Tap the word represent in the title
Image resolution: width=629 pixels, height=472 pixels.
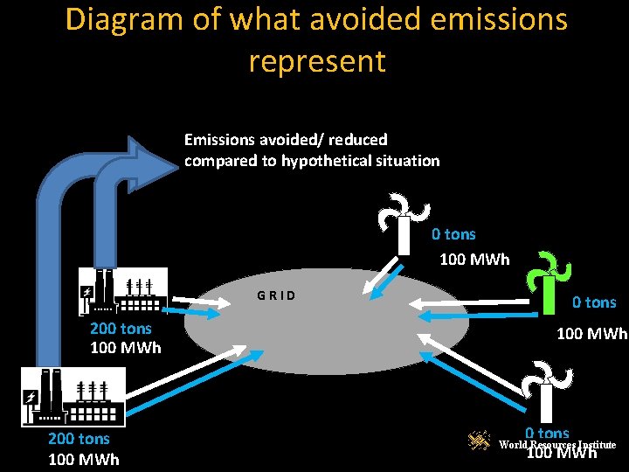pyautogui.click(x=316, y=61)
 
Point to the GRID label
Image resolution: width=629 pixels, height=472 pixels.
pyautogui.click(x=276, y=295)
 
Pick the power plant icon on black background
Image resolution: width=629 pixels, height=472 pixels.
pyautogui.click(x=122, y=290)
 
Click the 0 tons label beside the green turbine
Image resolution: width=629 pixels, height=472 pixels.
pyautogui.click(x=594, y=302)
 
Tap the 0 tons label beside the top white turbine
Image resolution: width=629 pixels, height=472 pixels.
pyautogui.click(x=453, y=234)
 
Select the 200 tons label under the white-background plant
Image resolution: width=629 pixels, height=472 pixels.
pyautogui.click(x=79, y=439)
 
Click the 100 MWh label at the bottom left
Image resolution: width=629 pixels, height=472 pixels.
pyautogui.click(x=84, y=460)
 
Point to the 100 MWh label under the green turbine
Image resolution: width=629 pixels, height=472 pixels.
pyautogui.click(x=592, y=334)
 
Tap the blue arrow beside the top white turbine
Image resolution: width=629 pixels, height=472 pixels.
pyautogui.click(x=380, y=284)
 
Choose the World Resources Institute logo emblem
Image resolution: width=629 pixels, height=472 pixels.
pyautogui.click(x=479, y=442)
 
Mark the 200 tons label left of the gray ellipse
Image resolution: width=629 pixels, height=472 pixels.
pyautogui.click(x=121, y=329)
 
